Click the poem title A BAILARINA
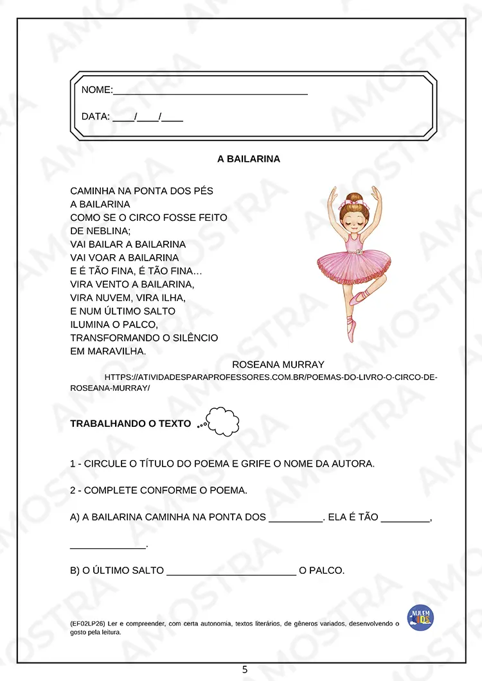(x=249, y=159)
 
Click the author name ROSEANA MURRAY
(x=278, y=365)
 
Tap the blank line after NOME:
(x=210, y=91)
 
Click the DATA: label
(x=96, y=117)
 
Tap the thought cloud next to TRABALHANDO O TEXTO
(x=222, y=422)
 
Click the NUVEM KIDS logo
(x=420, y=617)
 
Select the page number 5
(x=245, y=669)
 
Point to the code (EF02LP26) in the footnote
(x=88, y=623)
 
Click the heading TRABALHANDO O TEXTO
(x=130, y=424)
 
